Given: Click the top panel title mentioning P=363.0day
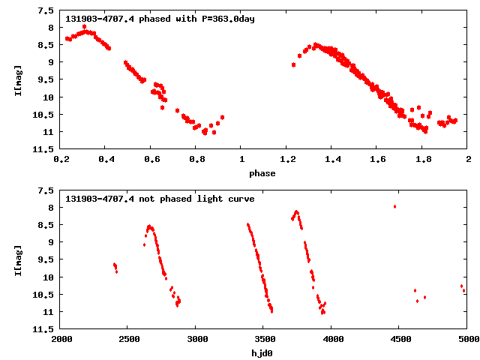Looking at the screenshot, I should point(160,18).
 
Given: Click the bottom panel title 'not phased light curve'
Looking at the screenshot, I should point(160,199).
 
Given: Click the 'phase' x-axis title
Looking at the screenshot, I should point(262,173).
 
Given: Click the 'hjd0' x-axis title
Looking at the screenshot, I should point(262,353).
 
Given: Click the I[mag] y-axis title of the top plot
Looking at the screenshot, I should point(17,80).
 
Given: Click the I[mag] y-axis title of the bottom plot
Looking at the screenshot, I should point(17,260).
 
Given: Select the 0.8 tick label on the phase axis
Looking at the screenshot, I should point(196,159).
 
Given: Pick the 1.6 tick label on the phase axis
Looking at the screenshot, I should point(379,159).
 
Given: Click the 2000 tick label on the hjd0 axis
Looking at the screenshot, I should point(61,339).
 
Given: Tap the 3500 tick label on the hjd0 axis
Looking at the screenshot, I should point(264,339).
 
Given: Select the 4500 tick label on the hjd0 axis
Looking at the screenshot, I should point(400,339).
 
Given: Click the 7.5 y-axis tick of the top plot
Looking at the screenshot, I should point(46,11).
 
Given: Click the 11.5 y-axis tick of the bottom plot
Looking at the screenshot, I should point(43,329).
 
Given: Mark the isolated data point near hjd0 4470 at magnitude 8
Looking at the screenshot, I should point(394,206).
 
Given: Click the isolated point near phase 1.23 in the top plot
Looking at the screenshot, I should point(293,64).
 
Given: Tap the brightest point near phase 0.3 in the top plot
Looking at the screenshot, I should point(84,26).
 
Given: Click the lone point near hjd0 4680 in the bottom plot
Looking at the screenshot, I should point(424,297).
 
